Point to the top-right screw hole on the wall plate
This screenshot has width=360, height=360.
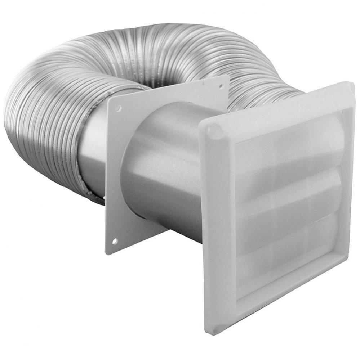221,86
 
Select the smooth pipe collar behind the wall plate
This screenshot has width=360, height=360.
92,155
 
